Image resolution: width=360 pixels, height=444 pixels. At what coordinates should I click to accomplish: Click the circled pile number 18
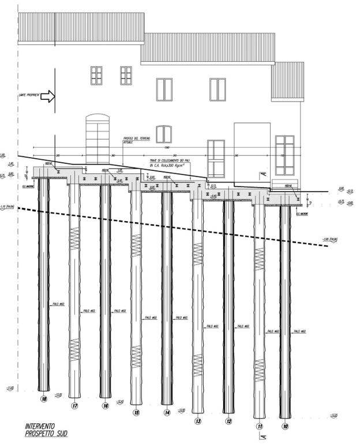[x=44, y=398]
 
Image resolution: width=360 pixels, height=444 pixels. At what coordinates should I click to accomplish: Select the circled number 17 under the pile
[x=74, y=406]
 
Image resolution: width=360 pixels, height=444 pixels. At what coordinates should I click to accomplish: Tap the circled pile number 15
[x=136, y=413]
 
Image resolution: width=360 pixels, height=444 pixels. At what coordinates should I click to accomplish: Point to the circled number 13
[x=198, y=421]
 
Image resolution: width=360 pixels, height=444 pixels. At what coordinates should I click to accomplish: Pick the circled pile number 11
[x=260, y=427]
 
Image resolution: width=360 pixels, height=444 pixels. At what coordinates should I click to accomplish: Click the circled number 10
[x=285, y=427]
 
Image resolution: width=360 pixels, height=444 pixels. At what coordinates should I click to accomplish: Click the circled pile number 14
[x=167, y=413]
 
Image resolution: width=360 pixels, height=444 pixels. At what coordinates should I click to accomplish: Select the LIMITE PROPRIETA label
[x=29, y=95]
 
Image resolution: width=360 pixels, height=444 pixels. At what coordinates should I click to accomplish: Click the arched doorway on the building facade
[x=97, y=139]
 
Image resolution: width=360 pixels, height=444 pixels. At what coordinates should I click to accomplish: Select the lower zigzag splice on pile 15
[x=136, y=353]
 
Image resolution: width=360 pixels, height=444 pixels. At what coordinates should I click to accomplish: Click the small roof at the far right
[x=287, y=81]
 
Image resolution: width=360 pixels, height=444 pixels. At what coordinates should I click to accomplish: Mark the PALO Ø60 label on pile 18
[x=57, y=304]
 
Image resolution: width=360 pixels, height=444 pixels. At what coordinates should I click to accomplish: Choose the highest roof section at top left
[x=81, y=28]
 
